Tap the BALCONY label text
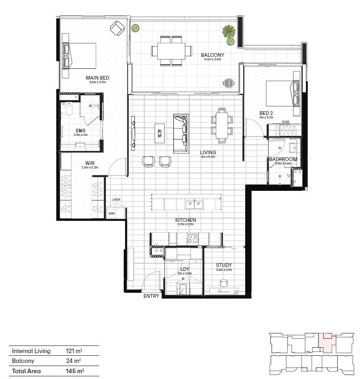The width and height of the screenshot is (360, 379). (212, 55)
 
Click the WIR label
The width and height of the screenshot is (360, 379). (89, 164)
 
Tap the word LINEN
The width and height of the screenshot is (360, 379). (116, 199)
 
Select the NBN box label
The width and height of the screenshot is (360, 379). (111, 214)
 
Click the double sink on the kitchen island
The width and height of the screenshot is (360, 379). (194, 204)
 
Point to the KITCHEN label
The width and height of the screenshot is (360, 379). (186, 220)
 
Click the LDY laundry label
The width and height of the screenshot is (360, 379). (185, 269)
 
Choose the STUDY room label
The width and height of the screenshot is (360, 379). (223, 265)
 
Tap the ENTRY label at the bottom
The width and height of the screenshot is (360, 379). (151, 296)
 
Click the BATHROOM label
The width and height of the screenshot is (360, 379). (283, 159)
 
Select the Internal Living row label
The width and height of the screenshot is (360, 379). (31, 351)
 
